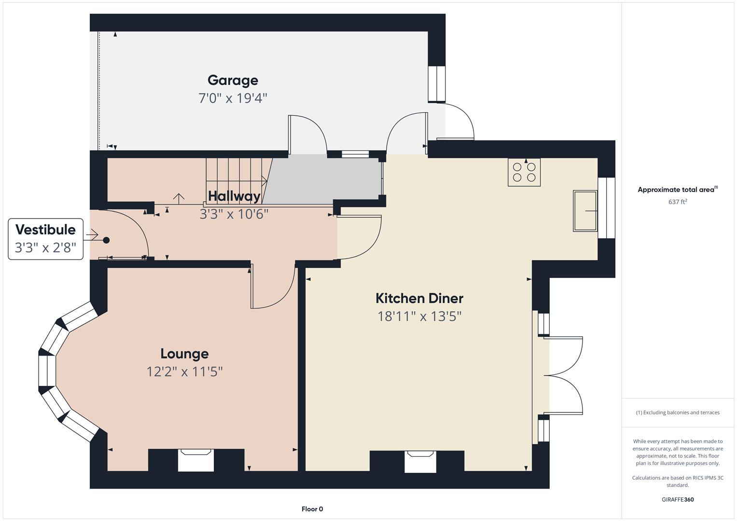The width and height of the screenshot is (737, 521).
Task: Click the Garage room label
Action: click(233, 80)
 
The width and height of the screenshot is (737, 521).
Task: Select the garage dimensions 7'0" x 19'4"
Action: click(233, 98)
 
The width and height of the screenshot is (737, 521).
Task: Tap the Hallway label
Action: click(234, 196)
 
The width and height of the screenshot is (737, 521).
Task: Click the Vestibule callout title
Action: click(45, 230)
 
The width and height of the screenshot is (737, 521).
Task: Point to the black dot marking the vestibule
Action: click(106, 240)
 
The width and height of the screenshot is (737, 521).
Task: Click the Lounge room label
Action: click(184, 354)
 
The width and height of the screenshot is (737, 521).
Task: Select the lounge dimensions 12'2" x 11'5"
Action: click(184, 371)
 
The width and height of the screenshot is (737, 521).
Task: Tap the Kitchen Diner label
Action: click(419, 298)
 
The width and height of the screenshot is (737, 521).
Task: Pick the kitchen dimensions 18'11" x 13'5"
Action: click(419, 316)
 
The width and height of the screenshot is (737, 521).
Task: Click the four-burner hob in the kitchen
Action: click(524, 172)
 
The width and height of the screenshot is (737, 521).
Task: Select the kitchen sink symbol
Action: click(585, 211)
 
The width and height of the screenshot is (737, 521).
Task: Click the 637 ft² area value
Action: click(677, 202)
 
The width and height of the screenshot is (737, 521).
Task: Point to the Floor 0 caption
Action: click(312, 509)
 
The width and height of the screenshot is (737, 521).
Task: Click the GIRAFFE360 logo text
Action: click(677, 499)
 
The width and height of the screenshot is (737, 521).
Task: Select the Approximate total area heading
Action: click(677, 190)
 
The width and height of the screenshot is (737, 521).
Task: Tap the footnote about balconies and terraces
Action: click(677, 412)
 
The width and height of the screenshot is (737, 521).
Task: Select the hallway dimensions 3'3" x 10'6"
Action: click(234, 214)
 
